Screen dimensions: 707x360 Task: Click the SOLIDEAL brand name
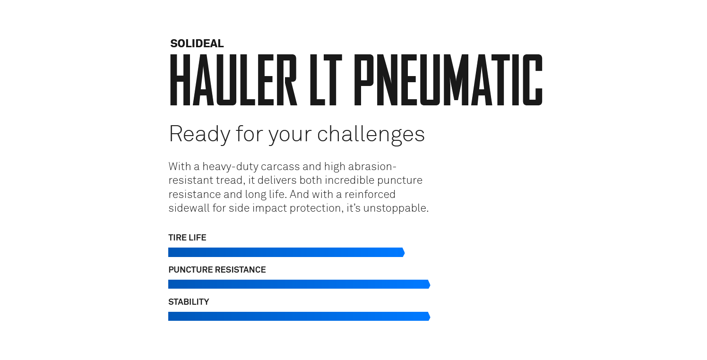pos(197,43)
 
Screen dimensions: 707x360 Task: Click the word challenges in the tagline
pos(371,135)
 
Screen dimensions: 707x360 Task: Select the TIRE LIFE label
pos(187,238)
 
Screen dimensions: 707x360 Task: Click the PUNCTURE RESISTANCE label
pos(217,270)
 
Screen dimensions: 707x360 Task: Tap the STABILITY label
pos(189,302)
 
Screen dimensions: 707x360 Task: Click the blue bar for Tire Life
pos(286,252)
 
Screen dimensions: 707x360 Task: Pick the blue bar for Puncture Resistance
pos(299,284)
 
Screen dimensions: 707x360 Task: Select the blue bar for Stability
pos(299,316)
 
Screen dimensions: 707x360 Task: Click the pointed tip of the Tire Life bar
pos(405,252)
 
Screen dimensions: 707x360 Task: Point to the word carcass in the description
pos(280,167)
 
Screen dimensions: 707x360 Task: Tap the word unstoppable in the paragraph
pos(396,208)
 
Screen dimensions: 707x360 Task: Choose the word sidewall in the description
pos(189,208)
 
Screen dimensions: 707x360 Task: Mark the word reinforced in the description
pos(370,194)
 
